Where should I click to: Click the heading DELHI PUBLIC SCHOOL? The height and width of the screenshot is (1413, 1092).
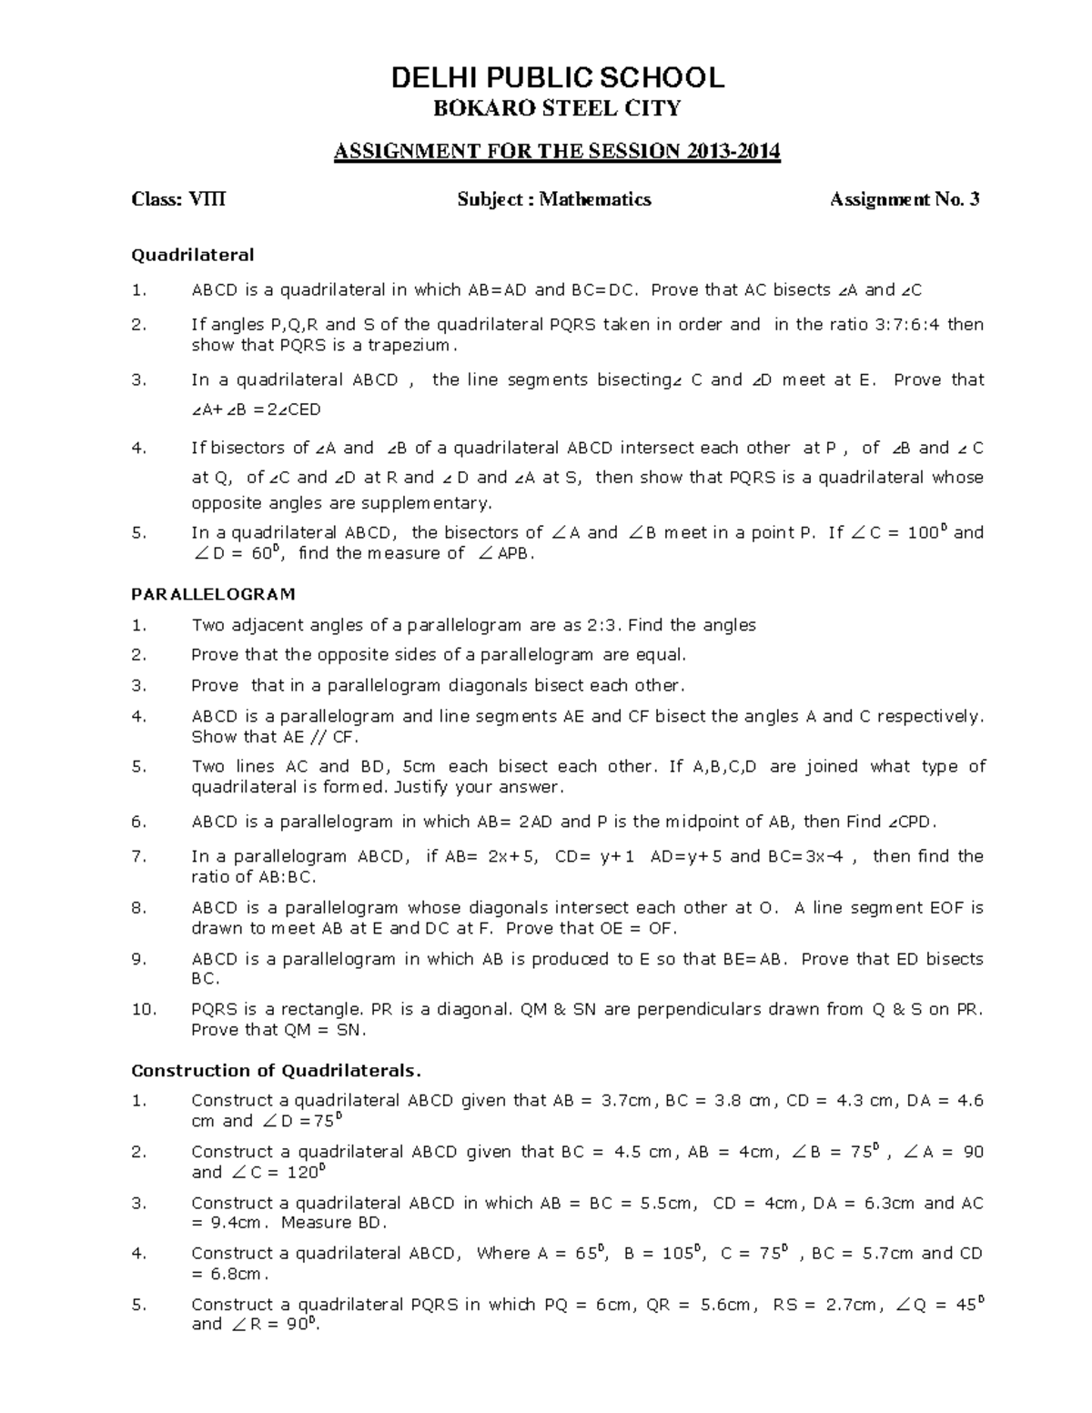point(557,78)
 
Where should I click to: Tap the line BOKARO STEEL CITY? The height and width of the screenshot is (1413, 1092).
point(557,109)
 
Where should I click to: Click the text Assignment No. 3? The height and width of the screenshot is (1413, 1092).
point(905,199)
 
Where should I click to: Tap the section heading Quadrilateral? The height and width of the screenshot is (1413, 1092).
point(193,255)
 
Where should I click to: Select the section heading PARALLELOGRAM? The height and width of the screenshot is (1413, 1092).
point(213,594)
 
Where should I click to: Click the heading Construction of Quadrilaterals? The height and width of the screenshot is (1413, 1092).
point(277,1070)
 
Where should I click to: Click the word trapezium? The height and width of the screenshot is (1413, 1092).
point(409,346)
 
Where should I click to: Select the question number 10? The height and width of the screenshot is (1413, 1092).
point(144,1009)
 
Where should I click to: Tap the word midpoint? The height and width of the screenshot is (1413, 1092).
point(704,822)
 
